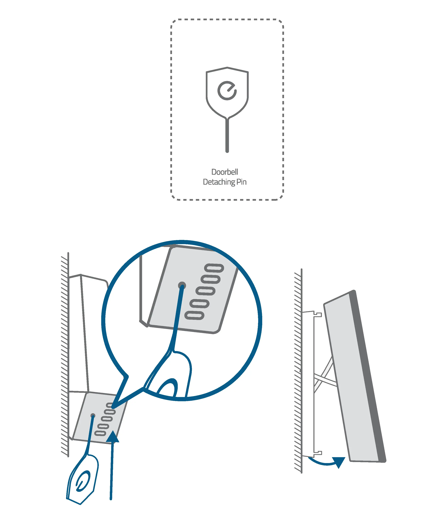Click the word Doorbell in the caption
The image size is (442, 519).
pyautogui.click(x=225, y=172)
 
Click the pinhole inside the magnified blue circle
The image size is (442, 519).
pyautogui.click(x=182, y=285)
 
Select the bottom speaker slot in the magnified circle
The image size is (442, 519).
pyautogui.click(x=194, y=315)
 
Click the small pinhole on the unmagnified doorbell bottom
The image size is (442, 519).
pyautogui.click(x=93, y=416)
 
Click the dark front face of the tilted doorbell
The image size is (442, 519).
pyautogui.click(x=368, y=376)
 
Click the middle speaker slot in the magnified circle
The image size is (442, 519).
pyautogui.click(x=205, y=291)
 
